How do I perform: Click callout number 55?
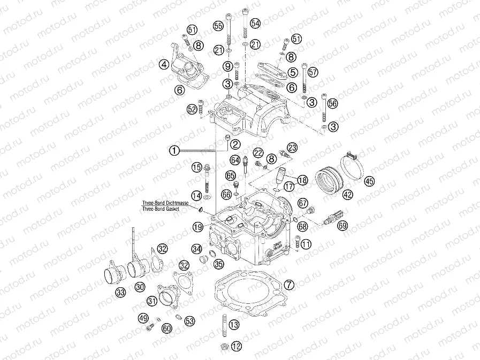point(218,26)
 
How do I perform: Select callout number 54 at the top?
point(255,23)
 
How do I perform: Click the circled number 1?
point(174,151)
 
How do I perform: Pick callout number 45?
point(369,181)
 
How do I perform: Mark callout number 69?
point(342,226)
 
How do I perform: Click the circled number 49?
point(143,318)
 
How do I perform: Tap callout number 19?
point(198,227)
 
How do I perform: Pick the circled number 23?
point(292,147)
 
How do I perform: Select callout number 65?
point(231,175)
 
